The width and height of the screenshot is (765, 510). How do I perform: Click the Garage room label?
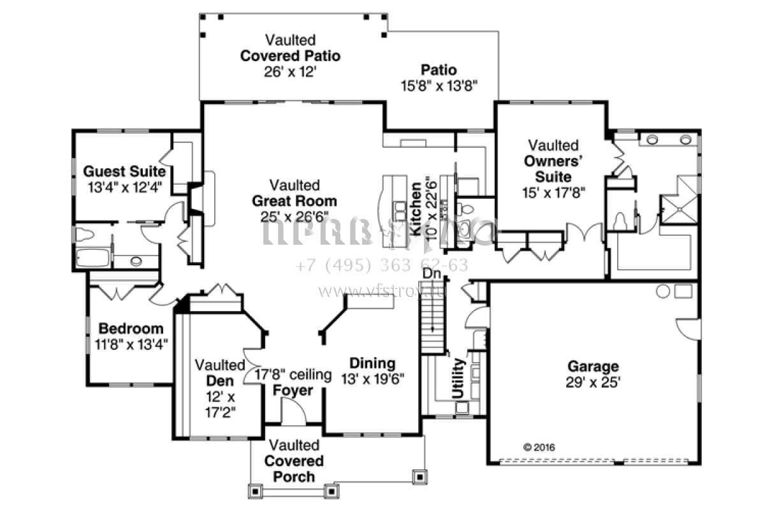(x=593, y=367)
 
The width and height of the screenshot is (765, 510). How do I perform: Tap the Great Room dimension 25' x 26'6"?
(x=294, y=216)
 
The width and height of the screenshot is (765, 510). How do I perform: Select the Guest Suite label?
(x=125, y=171)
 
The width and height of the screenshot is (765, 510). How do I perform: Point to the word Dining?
(x=372, y=363)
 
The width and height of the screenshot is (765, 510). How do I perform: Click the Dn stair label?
(x=432, y=273)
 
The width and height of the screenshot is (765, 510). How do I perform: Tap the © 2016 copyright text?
(x=539, y=447)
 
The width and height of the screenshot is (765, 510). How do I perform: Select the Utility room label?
(x=458, y=379)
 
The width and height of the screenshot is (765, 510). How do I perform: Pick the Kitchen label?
(x=416, y=210)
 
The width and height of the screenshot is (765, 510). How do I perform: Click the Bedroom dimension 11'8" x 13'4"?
(x=131, y=345)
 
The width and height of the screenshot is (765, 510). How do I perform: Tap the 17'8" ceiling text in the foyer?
(x=293, y=375)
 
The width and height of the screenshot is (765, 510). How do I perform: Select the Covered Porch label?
(x=294, y=468)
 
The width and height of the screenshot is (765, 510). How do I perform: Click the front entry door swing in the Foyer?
(x=294, y=414)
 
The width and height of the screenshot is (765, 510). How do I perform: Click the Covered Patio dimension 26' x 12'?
(x=290, y=71)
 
